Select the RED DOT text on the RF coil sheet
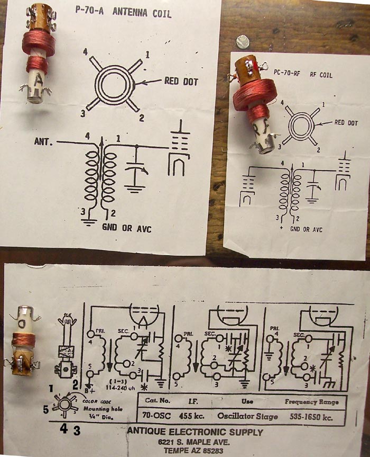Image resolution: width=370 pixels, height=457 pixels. pyautogui.click(x=346, y=123)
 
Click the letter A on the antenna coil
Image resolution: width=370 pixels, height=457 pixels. pyautogui.click(x=39, y=80)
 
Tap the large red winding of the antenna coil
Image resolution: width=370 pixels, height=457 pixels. pyautogui.click(x=39, y=42)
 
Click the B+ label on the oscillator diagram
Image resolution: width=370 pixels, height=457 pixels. pyautogui.click(x=96, y=391)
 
